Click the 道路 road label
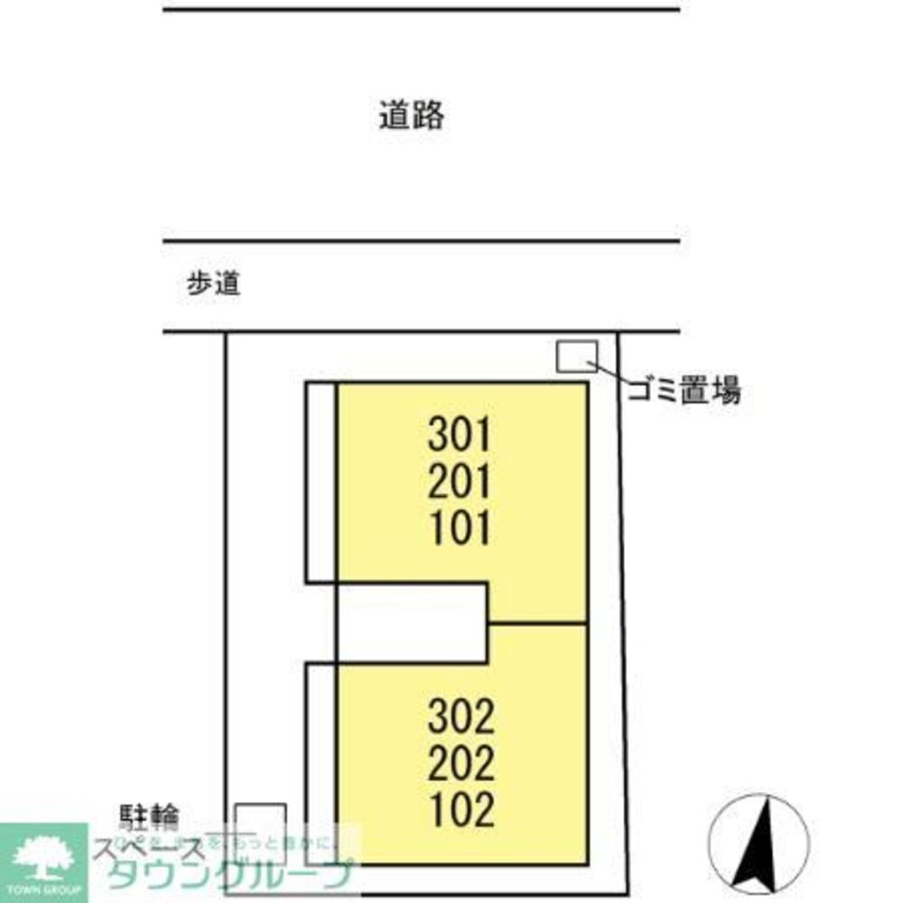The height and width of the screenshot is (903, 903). pyautogui.click(x=411, y=116)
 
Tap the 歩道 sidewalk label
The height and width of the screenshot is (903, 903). pyautogui.click(x=213, y=284)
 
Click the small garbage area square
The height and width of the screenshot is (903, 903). pyautogui.click(x=576, y=357)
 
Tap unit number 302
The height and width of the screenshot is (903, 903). pyautogui.click(x=461, y=719)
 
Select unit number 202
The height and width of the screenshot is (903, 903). pyautogui.click(x=461, y=765)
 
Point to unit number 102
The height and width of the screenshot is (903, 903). pyautogui.click(x=461, y=810)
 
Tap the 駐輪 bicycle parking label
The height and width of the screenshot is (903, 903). pyautogui.click(x=149, y=818)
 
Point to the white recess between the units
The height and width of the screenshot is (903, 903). pyautogui.click(x=411, y=623)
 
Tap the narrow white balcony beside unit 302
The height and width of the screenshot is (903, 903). pyautogui.click(x=321, y=763)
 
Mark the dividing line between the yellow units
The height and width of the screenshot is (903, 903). pyautogui.click(x=537, y=623)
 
